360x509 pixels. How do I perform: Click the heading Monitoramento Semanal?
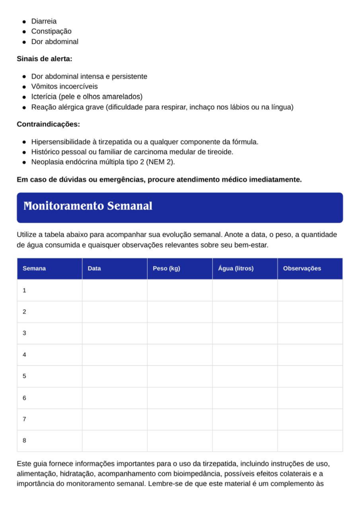coord(88,206)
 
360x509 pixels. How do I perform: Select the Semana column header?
coord(34,268)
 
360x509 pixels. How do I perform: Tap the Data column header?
coord(94,268)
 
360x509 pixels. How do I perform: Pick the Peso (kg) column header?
coord(167,268)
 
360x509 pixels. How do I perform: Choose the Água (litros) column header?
coord(236,268)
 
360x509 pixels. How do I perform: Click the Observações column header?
coord(302,268)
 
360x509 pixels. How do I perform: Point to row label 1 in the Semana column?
coord(24,290)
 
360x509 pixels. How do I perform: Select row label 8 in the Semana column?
coord(24,440)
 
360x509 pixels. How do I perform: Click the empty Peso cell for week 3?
coord(180,333)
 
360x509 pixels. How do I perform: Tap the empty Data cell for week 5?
coord(114,376)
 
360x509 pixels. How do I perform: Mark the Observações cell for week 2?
coord(310,312)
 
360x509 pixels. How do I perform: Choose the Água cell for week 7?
coord(245,419)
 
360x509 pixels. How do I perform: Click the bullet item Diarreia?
coord(44,21)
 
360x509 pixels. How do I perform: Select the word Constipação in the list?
coord(51,31)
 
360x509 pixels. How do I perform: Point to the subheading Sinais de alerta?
coord(45,59)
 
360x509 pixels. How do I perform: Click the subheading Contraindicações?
coord(48,124)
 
